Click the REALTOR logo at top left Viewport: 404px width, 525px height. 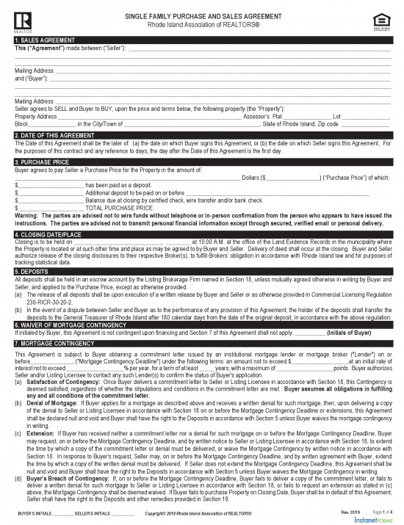pos(21,18)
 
